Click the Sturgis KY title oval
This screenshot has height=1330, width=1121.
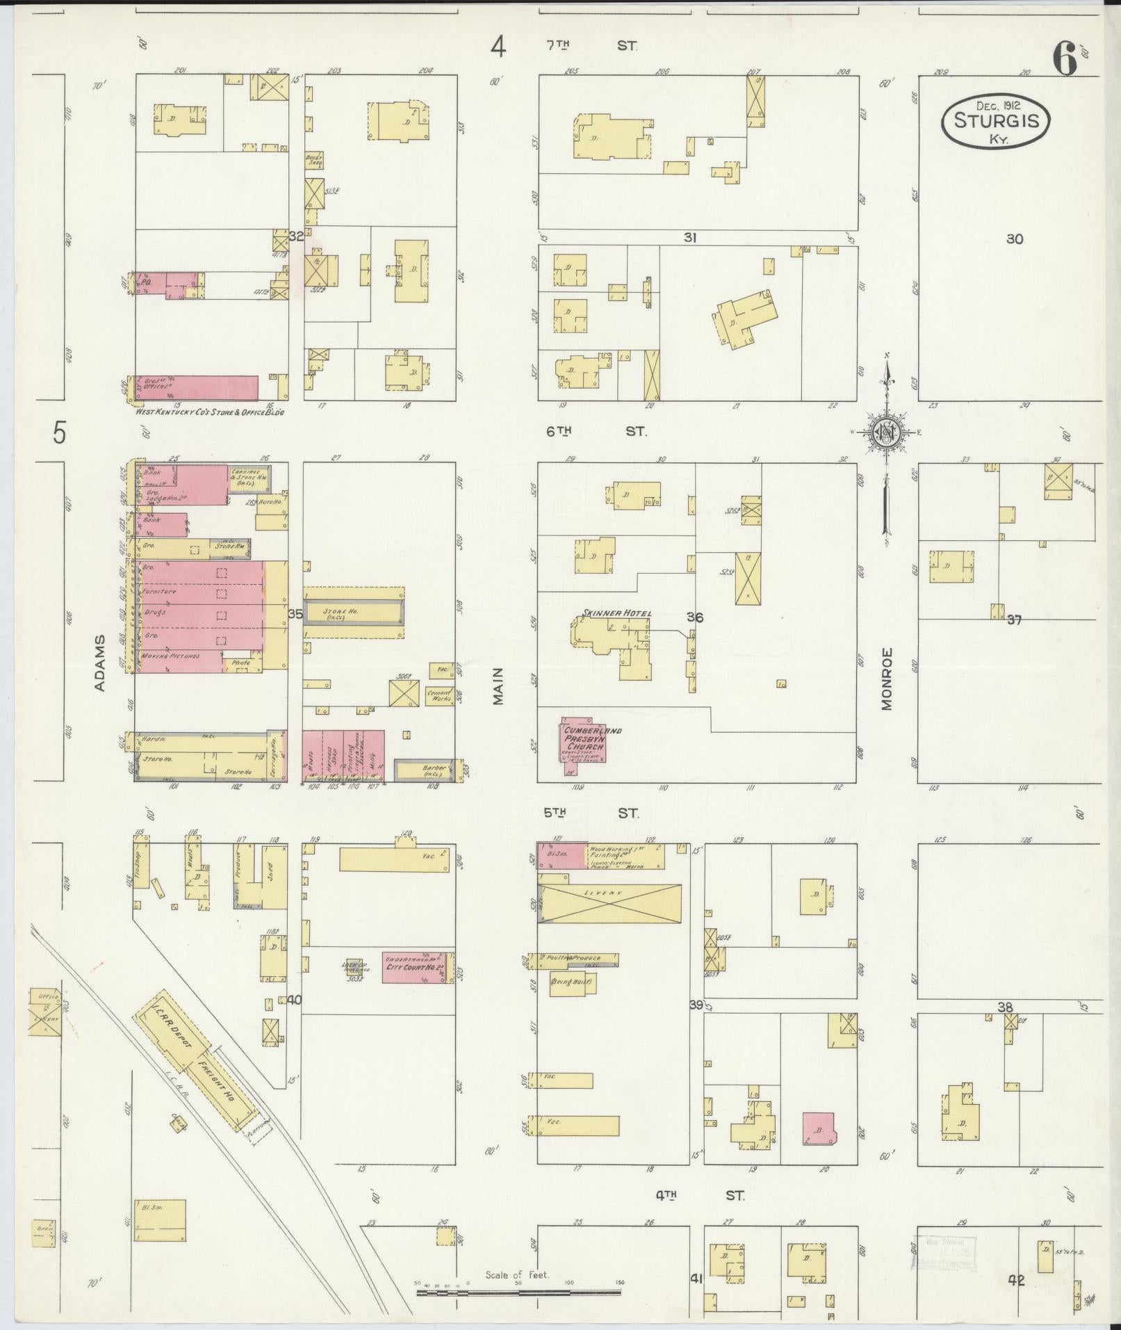click(x=995, y=122)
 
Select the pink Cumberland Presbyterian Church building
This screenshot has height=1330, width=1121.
click(x=582, y=743)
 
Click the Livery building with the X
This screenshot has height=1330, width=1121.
click(x=610, y=904)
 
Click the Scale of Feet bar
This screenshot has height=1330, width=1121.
click(x=518, y=1292)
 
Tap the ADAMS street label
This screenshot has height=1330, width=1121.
click(x=99, y=662)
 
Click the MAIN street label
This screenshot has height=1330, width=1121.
click(x=498, y=686)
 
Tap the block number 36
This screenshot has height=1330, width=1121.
click(x=695, y=617)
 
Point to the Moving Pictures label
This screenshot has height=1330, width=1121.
click(x=170, y=656)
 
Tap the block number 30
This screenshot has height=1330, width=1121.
click(x=1014, y=239)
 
